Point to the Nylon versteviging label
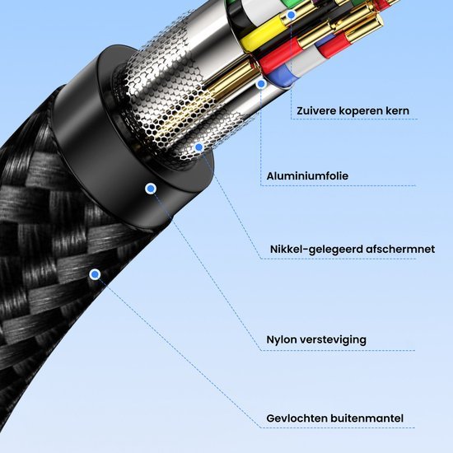(x=316, y=339)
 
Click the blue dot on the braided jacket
(x=95, y=273)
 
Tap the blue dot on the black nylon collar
(x=150, y=189)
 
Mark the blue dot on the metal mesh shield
(x=198, y=147)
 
